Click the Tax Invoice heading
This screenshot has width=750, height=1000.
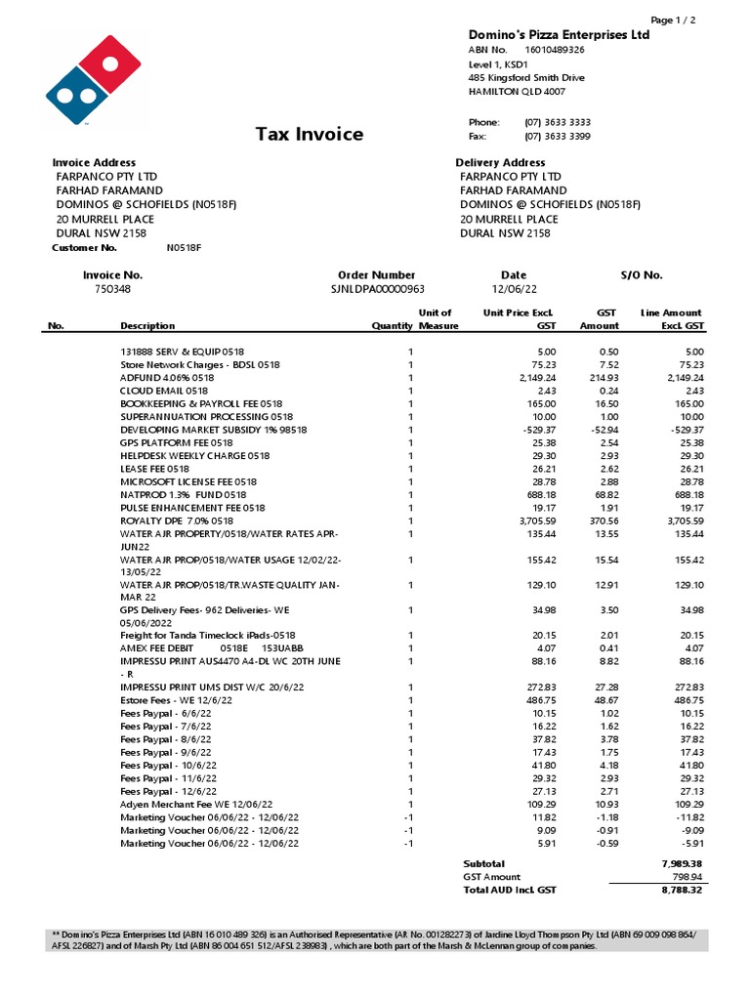click(x=309, y=134)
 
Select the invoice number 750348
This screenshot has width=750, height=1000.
click(x=112, y=289)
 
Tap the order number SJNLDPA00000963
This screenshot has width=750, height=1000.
click(x=378, y=289)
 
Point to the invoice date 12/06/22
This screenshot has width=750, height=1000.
click(x=513, y=289)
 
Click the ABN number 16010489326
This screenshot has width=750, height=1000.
click(x=555, y=50)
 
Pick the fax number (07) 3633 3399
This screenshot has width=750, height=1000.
click(x=557, y=137)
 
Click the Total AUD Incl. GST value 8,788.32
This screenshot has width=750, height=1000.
click(x=683, y=891)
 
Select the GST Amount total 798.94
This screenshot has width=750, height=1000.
click(x=687, y=877)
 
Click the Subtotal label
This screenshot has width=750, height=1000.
click(x=483, y=863)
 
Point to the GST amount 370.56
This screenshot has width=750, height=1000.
click(x=600, y=521)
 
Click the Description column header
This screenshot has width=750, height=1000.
click(x=147, y=326)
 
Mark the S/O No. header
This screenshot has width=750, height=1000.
click(x=641, y=275)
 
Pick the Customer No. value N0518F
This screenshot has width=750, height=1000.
click(x=184, y=248)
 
